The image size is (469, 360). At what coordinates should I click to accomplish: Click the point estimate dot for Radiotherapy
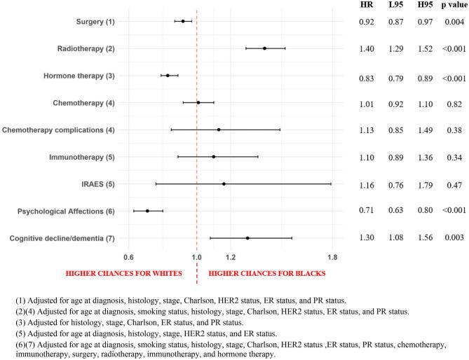pos(264,48)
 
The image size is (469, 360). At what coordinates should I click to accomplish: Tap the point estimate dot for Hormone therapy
pos(168,76)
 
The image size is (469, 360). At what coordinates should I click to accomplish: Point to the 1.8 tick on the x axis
pos(332,256)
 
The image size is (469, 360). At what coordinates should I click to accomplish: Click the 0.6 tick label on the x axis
pos(128,256)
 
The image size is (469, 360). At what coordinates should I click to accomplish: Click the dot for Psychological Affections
pos(147,211)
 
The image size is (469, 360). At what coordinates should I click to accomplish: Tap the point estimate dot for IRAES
pos(224,184)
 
